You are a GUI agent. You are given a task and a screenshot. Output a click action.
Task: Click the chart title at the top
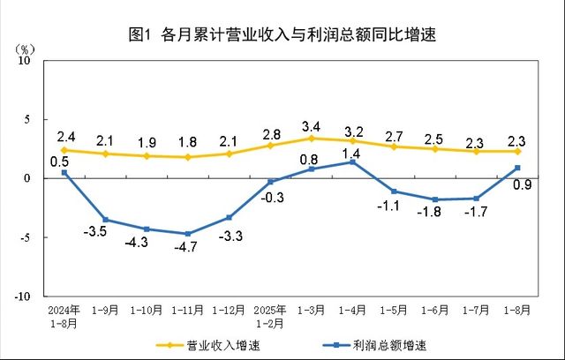coord(282,35)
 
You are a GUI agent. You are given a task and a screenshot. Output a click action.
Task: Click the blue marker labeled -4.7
coord(187,234)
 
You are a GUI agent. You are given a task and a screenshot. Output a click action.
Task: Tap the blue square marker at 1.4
coord(353,161)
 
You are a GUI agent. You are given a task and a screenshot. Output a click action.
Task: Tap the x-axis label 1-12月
coord(229,311)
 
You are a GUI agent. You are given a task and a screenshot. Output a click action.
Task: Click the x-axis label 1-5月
coord(395,311)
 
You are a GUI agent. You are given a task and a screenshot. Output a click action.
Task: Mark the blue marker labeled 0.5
coord(64,172)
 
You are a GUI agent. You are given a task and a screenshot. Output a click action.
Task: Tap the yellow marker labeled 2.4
coord(64,150)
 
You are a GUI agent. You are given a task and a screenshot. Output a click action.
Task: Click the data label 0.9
coord(521,185)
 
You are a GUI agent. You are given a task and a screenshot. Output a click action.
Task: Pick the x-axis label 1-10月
coord(146,311)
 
